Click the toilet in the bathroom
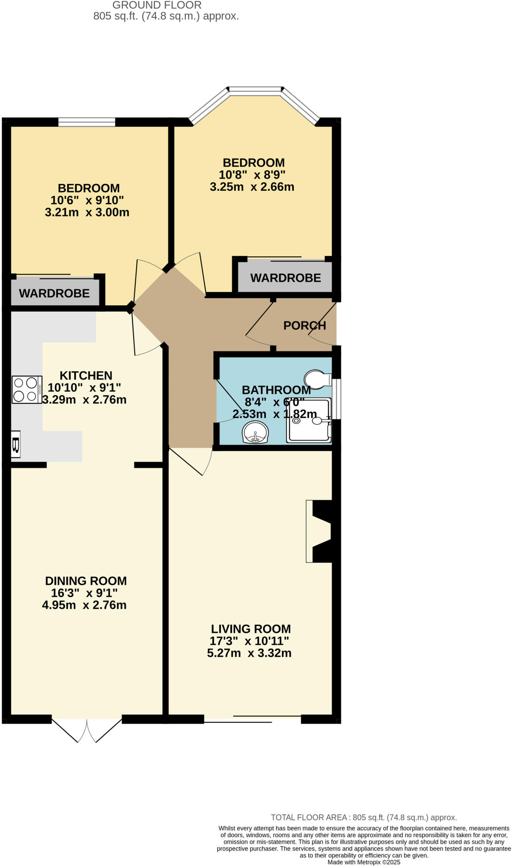317,379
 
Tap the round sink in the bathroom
255,433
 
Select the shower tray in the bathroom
309,421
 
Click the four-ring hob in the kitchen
27,389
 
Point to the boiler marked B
16,444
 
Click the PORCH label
305,326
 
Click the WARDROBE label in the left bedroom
54,293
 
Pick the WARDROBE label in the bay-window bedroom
285,278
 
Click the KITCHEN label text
86,375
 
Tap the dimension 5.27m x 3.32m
249,653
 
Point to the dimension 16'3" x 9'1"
84,593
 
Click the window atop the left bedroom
87,122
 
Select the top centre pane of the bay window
255,89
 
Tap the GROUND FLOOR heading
157,5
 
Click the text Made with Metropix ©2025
364,862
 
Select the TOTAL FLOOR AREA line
364,817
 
